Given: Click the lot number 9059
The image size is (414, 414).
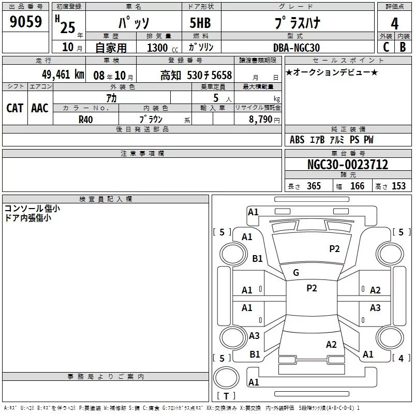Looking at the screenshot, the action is point(25,21).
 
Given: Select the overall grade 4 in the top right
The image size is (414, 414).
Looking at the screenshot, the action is point(394,23).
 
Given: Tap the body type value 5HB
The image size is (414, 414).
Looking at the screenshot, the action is point(200,23).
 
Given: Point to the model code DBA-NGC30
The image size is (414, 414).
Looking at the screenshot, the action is point(297,48).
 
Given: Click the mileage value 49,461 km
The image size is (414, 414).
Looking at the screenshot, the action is point(63,75).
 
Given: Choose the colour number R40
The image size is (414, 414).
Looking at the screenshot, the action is point(86,120).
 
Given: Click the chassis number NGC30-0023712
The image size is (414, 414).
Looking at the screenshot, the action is point(348,165).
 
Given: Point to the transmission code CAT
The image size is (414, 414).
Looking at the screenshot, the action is point(15,108).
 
